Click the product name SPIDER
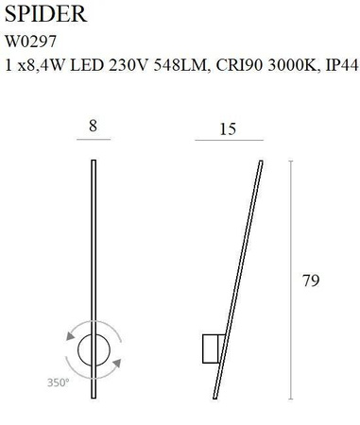[48, 14]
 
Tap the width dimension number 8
[92, 124]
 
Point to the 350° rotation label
[60, 382]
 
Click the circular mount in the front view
[93, 351]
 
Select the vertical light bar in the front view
[92, 246]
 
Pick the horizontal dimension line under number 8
[92, 139]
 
